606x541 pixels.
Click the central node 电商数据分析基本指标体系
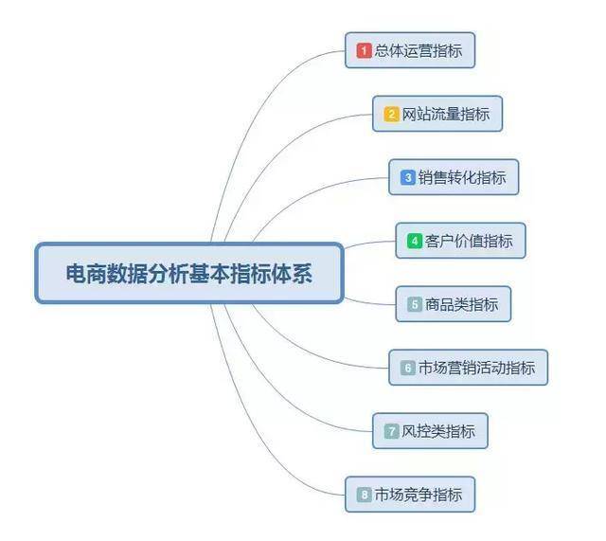point(189,273)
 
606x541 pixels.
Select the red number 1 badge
point(364,50)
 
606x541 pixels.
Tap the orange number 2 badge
point(391,114)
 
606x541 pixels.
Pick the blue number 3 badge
point(408,177)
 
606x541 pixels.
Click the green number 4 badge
point(415,241)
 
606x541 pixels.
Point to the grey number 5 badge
point(415,304)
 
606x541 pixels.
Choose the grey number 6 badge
point(408,368)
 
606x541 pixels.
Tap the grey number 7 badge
point(391,431)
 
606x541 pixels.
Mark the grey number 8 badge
point(364,495)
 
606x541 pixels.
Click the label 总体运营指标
point(419,50)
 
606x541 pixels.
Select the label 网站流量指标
point(446,114)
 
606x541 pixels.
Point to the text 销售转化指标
point(462,177)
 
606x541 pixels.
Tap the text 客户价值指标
point(469,241)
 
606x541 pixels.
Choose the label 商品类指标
point(461,304)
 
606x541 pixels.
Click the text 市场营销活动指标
point(477,368)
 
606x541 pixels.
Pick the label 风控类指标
point(438,431)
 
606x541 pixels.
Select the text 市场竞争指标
point(419,495)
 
